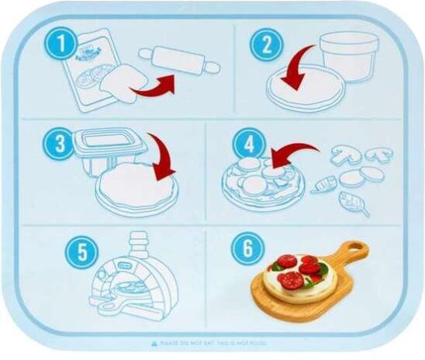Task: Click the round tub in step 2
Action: (348, 54)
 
